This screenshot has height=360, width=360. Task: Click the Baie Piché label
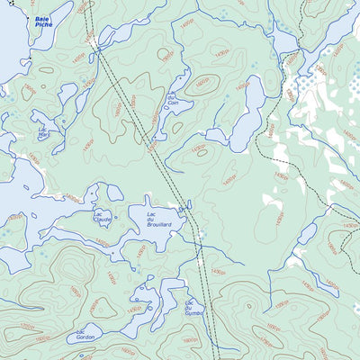(43, 22)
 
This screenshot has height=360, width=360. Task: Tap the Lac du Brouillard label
(159, 220)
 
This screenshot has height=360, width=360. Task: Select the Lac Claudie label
(103, 218)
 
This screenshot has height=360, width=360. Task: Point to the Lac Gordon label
(85, 334)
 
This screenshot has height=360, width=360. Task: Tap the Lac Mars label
(43, 131)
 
